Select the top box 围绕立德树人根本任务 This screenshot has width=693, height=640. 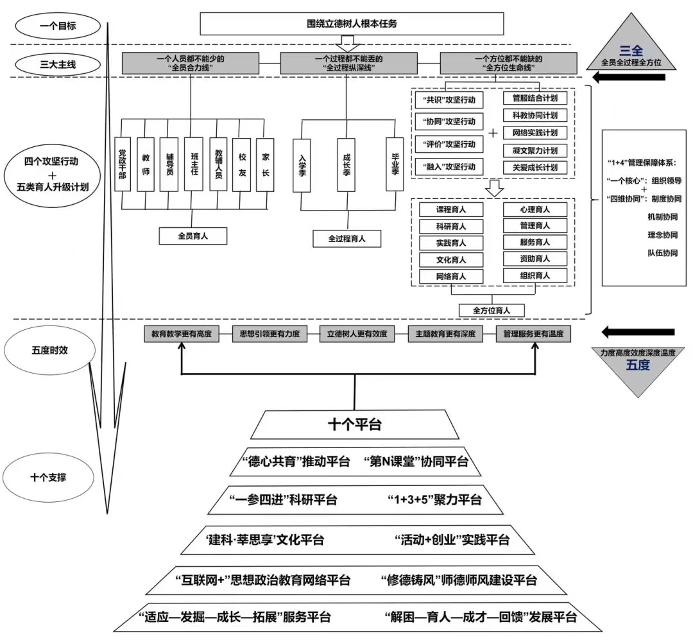352,24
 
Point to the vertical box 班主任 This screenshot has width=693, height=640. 193,164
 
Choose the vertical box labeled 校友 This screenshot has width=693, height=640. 242,164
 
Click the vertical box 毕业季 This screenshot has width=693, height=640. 395,164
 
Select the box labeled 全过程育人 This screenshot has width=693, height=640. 346,239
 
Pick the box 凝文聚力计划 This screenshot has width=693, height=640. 535,150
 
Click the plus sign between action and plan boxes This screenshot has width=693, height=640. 493,134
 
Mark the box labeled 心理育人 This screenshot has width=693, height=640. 535,209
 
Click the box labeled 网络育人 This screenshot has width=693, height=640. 451,276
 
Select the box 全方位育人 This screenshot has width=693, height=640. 492,310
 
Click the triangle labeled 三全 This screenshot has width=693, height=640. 631,50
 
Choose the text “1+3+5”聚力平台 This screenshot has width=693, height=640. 434,500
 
